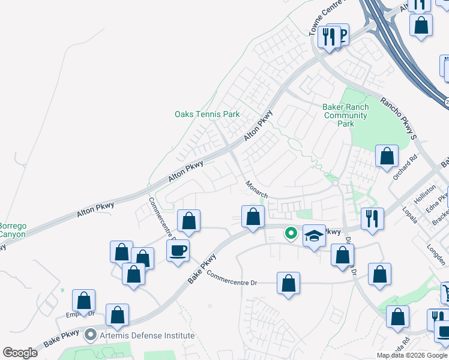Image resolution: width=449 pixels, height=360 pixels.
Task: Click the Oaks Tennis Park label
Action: [x=207, y=114]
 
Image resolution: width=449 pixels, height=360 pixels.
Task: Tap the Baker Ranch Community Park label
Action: [x=345, y=115]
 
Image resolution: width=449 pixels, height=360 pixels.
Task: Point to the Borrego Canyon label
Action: [x=12, y=230]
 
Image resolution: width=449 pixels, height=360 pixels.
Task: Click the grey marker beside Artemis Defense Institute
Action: [x=91, y=335]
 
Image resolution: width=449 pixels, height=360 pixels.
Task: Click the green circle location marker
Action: [x=291, y=232]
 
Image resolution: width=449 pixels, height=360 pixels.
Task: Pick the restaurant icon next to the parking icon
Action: [x=328, y=37]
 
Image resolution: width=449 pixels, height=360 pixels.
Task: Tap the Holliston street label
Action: [x=425, y=197]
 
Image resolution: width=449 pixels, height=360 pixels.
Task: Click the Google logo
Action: [x=20, y=352]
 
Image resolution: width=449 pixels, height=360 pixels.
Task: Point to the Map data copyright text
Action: [x=412, y=355]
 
